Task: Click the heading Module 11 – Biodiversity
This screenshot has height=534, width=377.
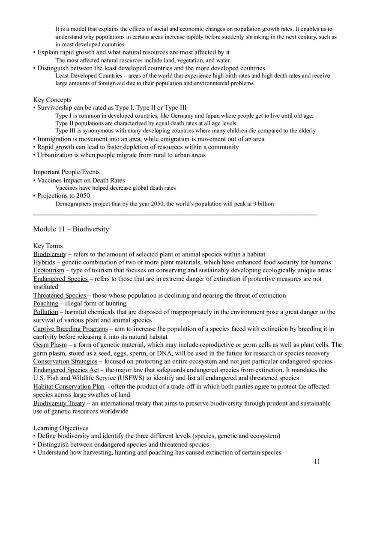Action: click(x=71, y=229)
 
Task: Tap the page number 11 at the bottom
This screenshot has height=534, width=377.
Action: click(x=317, y=462)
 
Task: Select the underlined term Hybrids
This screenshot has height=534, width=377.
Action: click(x=44, y=262)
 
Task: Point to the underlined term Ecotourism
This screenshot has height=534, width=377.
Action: click(x=48, y=270)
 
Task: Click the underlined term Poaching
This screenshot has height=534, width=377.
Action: click(x=46, y=304)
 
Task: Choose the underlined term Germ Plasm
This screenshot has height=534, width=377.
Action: click(x=50, y=345)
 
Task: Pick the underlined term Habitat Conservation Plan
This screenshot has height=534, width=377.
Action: click(x=69, y=387)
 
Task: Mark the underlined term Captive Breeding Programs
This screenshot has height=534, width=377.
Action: click(x=70, y=329)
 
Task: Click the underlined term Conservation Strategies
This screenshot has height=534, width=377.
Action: click(x=66, y=361)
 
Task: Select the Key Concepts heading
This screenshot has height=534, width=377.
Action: click(x=52, y=100)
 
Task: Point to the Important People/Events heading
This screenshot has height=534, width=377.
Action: click(x=66, y=172)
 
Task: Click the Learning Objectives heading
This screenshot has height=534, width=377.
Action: click(x=61, y=428)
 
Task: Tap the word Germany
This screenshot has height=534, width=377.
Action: click(x=182, y=116)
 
